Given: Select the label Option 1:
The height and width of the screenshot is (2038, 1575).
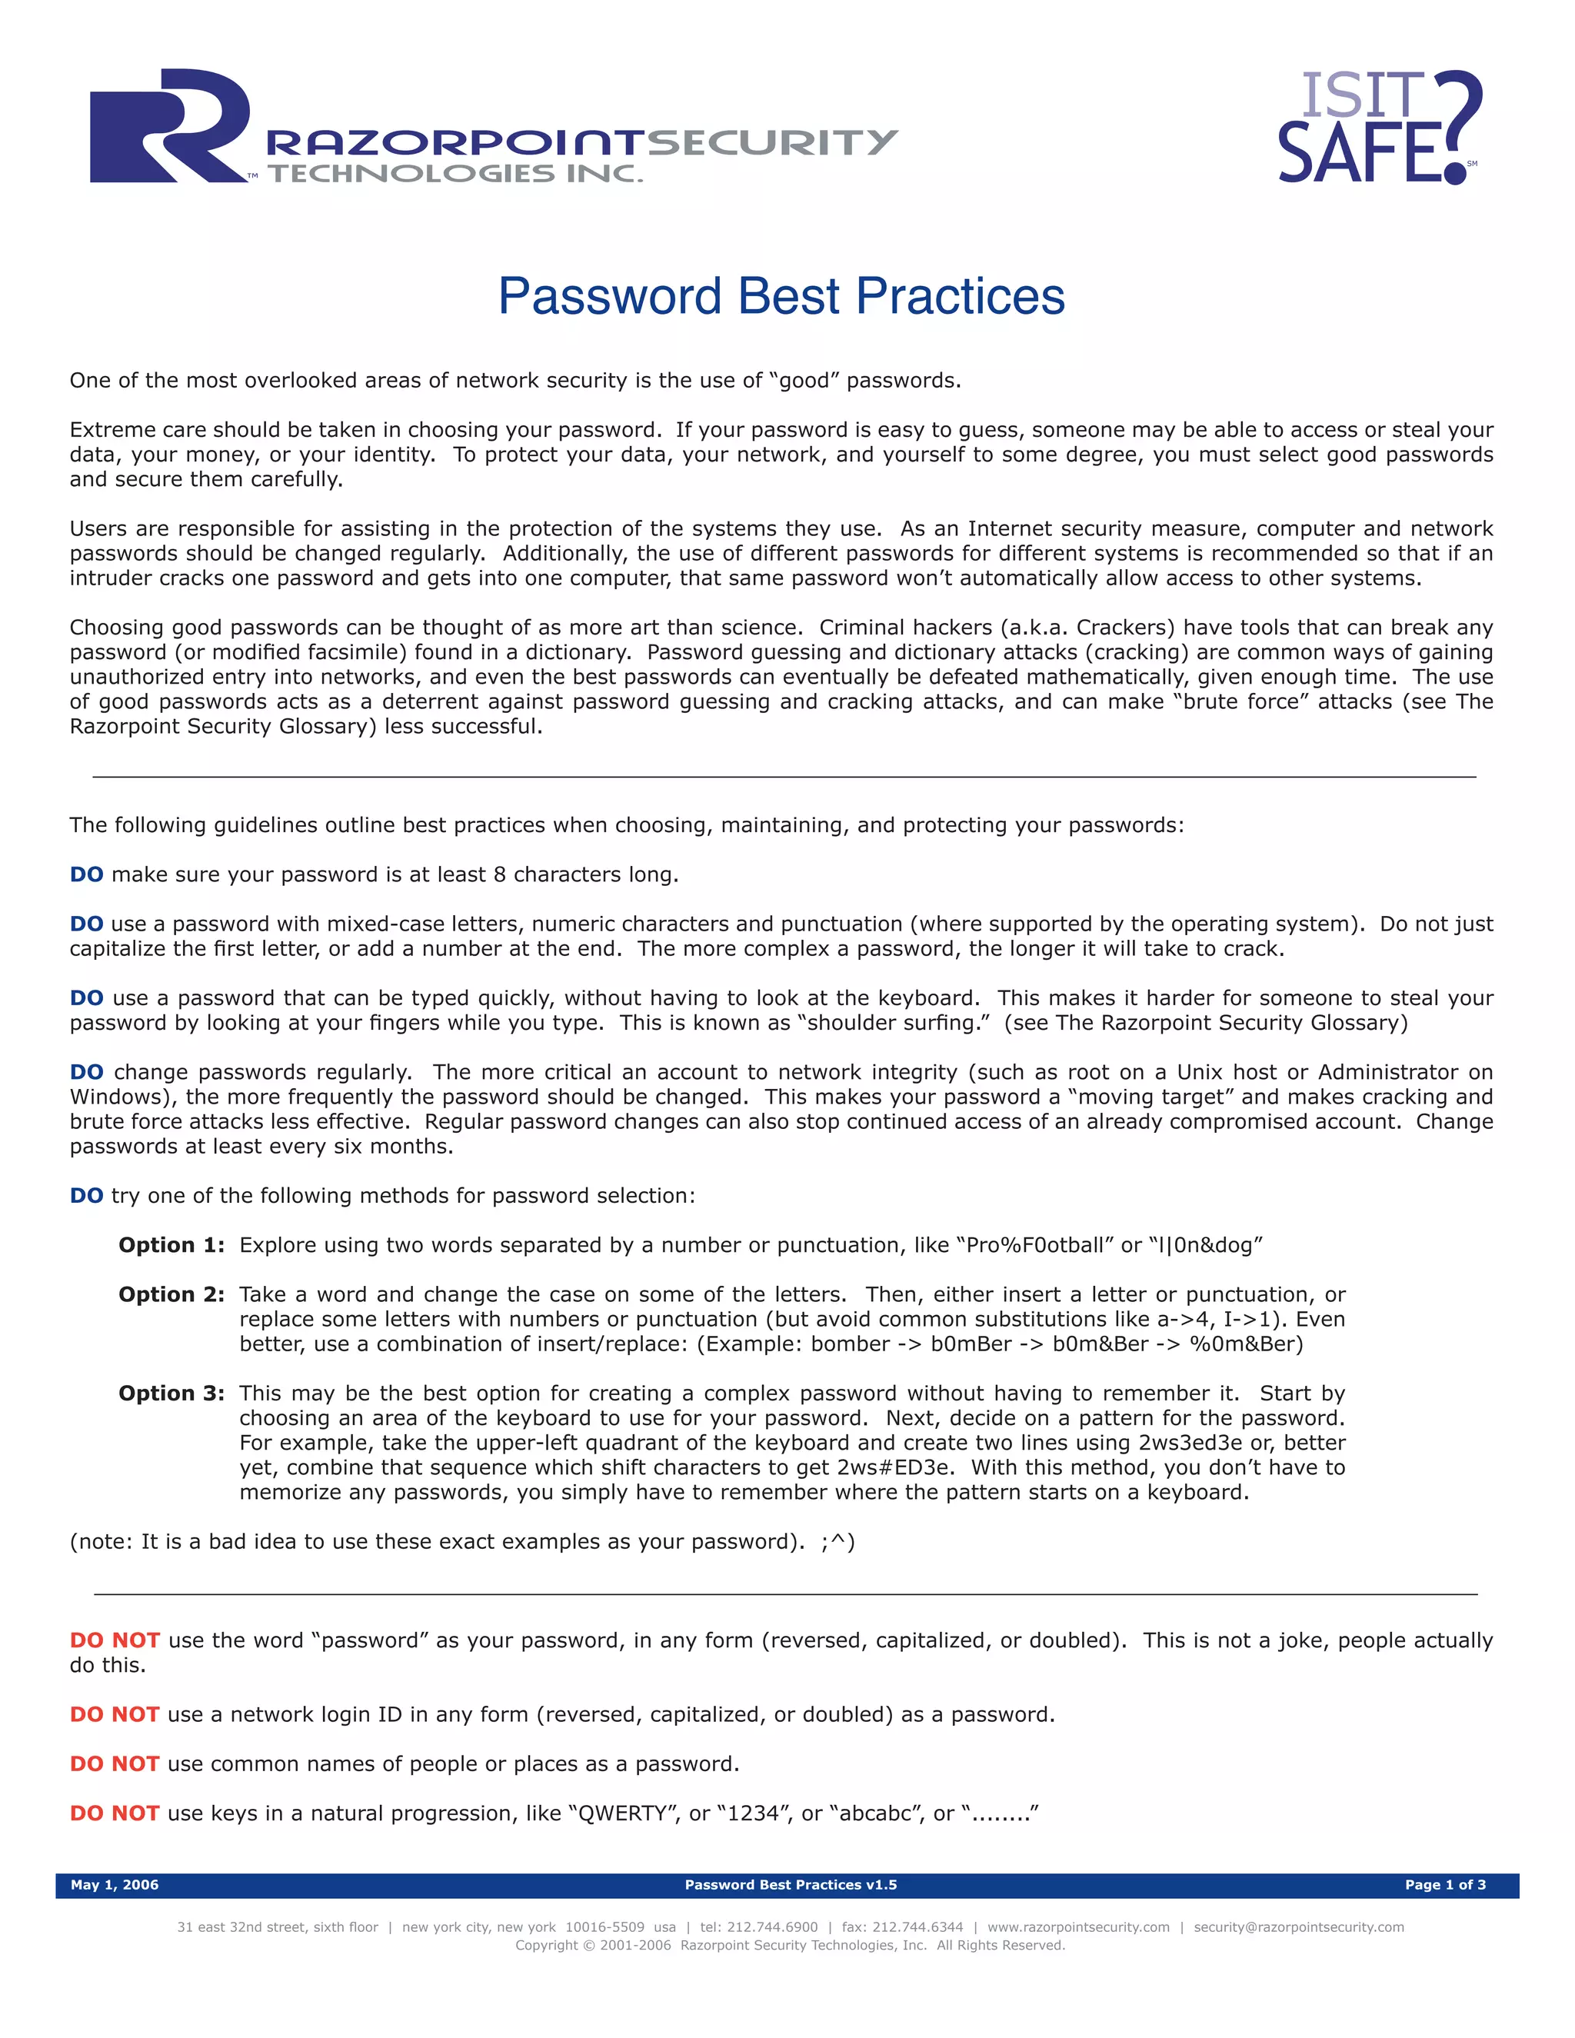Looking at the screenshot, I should click(171, 1245).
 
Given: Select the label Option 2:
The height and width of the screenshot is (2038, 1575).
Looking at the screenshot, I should click(171, 1294).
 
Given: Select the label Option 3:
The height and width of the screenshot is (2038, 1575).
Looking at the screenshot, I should click(171, 1394).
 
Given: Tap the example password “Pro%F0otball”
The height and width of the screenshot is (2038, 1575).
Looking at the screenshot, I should click(1036, 1245).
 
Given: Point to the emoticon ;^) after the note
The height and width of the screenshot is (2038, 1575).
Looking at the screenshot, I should click(837, 1541).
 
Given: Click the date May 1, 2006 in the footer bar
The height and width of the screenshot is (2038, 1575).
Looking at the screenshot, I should click(115, 1884).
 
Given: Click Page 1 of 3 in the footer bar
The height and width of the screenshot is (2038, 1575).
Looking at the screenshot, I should click(1444, 1884).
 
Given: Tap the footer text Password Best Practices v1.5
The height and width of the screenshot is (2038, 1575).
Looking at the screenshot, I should click(791, 1884).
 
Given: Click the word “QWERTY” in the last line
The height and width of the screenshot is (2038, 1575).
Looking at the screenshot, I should click(624, 1813).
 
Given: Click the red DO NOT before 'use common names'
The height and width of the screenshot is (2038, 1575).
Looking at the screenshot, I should click(115, 1763).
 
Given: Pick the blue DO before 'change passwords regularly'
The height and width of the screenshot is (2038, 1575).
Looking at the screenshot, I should click(87, 1072).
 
